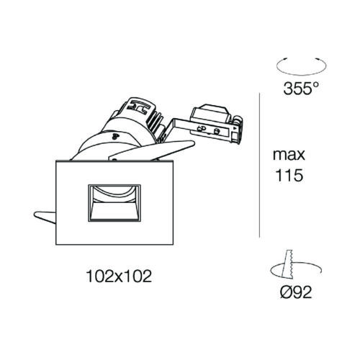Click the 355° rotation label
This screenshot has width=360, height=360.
(301, 88)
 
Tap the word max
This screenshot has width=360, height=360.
(289, 155)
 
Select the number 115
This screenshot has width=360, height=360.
(289, 175)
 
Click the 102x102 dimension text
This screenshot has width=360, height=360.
(119, 276)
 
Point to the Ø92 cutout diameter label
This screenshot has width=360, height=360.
(296, 292)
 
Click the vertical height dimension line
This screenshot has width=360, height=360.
(260, 165)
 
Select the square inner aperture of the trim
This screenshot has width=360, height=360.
(114, 203)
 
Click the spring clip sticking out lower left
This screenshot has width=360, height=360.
(45, 217)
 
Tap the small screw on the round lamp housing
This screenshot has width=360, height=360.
(115, 137)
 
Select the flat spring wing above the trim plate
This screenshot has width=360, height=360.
(152, 150)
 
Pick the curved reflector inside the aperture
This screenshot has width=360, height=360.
(114, 194)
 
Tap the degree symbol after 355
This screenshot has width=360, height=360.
(315, 84)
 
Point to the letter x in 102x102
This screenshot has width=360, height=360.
(119, 277)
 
